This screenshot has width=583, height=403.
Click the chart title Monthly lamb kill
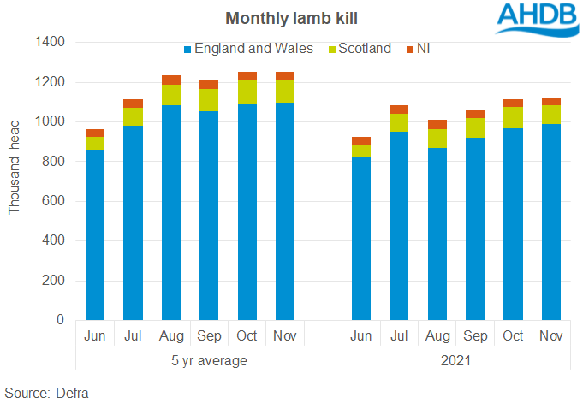pos(290,17)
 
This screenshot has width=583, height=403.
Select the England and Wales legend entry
pos(248,49)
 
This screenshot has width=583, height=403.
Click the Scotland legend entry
pos(364,49)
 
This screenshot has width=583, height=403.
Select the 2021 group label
pos(456,360)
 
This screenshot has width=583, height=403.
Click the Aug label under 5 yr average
pos(171,336)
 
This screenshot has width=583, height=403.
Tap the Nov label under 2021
pos(551,336)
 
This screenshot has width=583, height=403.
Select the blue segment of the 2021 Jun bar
pos(361,239)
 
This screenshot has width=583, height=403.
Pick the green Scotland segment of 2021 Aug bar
pos(437,139)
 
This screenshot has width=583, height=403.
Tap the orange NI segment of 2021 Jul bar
pos(399,110)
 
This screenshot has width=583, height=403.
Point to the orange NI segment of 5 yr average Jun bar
pos(95,133)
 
